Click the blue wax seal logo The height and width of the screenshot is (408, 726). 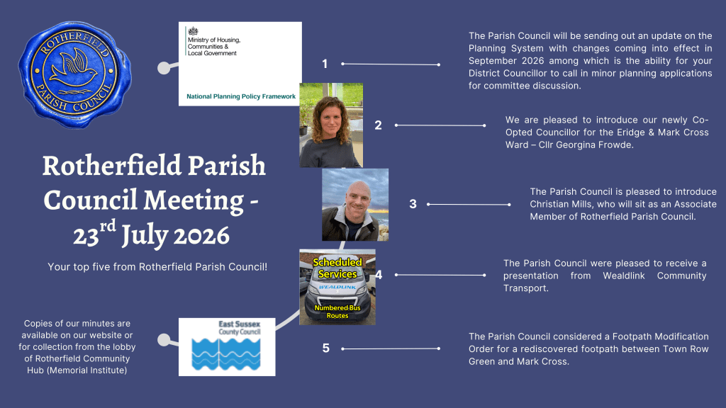pyautogui.click(x=75, y=74)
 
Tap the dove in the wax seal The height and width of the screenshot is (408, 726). pyautogui.click(x=73, y=67)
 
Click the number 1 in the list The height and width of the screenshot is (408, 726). pyautogui.click(x=325, y=64)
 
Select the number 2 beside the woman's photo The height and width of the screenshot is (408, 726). pyautogui.click(x=379, y=125)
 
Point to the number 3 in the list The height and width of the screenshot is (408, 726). pyautogui.click(x=413, y=204)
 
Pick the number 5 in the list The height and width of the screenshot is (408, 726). pyautogui.click(x=326, y=348)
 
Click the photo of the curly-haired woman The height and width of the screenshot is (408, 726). pyautogui.click(x=331, y=125)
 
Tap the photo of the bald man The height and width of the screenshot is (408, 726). pyautogui.click(x=355, y=205)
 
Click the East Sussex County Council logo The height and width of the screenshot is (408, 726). pyautogui.click(x=227, y=347)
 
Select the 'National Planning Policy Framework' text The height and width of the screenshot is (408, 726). pyautogui.click(x=241, y=96)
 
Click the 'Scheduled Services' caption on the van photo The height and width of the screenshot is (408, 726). pyautogui.click(x=337, y=268)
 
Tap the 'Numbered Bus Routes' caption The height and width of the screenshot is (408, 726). pyautogui.click(x=337, y=312)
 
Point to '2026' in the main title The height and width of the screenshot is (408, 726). pyautogui.click(x=201, y=235)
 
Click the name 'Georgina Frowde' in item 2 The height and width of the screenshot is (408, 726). pyautogui.click(x=595, y=144)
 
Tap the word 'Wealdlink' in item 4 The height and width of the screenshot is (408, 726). pyautogui.click(x=624, y=276)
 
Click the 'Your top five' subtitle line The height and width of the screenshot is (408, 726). pyautogui.click(x=157, y=267)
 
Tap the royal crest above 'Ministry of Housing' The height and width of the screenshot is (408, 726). pyautogui.click(x=193, y=31)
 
